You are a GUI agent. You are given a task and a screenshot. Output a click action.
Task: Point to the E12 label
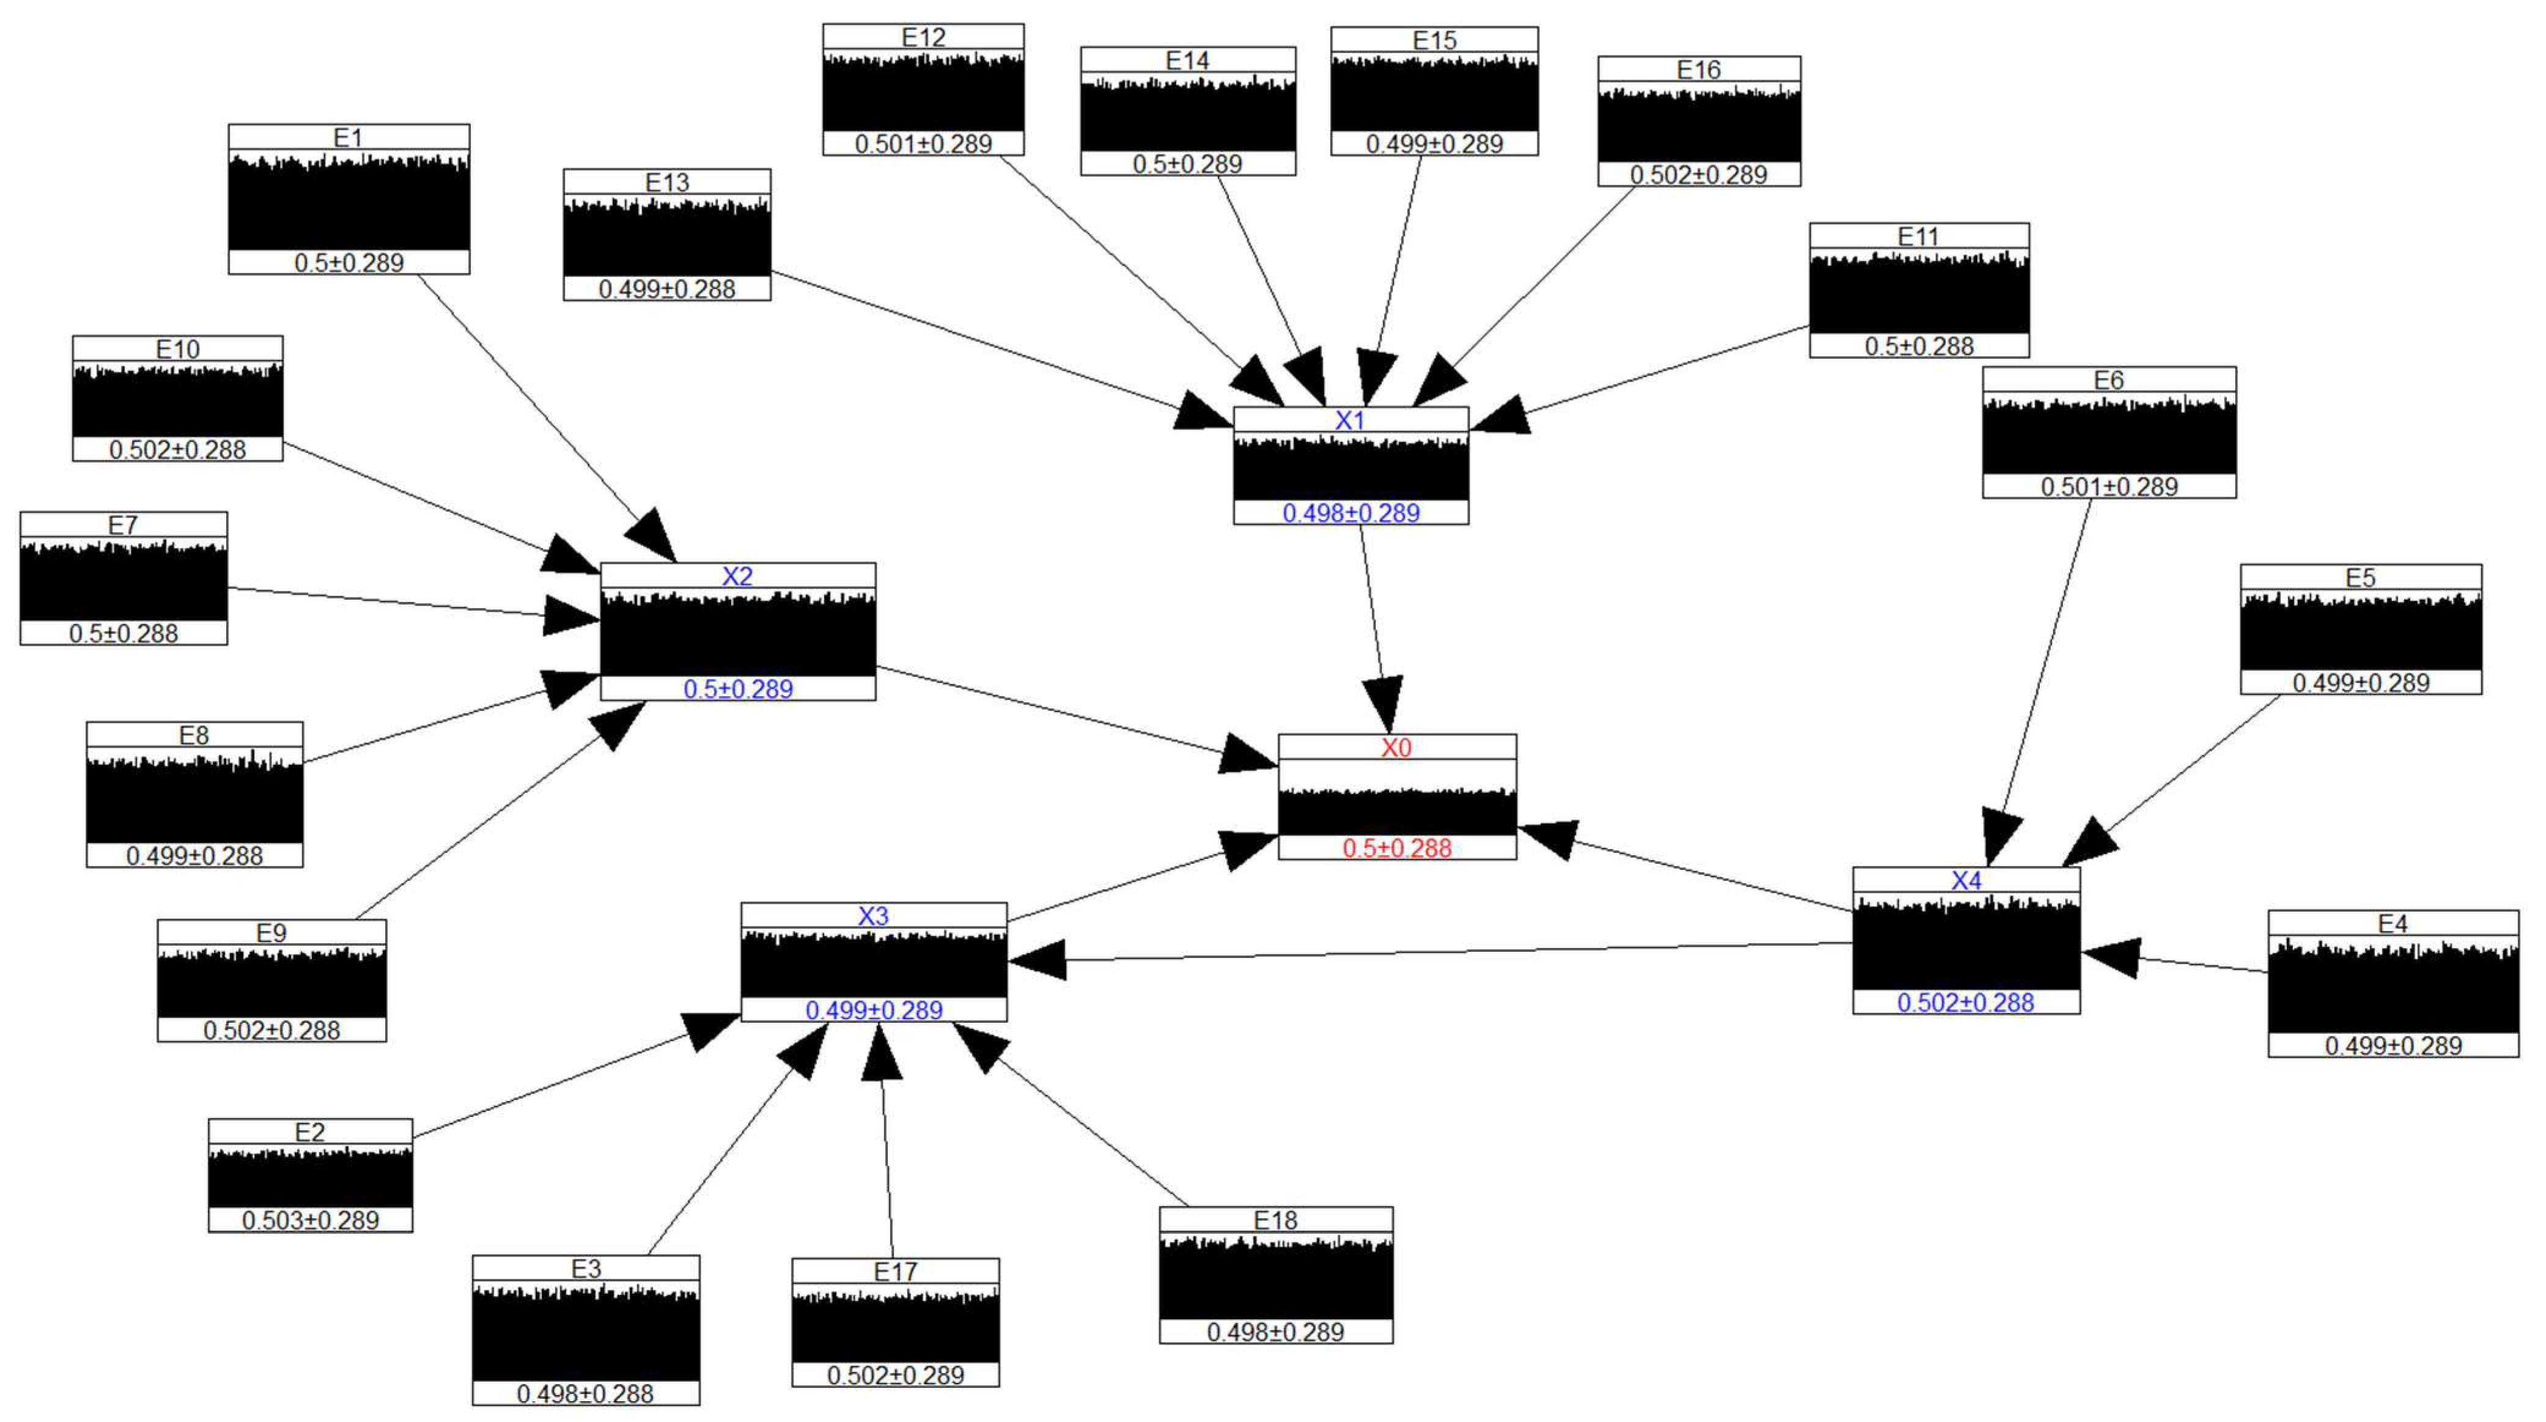pos(923,37)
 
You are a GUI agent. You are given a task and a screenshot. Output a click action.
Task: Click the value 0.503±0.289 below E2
pos(311,1220)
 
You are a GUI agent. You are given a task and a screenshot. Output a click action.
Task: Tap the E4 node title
pos(2392,923)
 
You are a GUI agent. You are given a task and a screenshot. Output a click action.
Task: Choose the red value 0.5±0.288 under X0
pos(1397,848)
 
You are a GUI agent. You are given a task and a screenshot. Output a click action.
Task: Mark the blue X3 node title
pos(873,916)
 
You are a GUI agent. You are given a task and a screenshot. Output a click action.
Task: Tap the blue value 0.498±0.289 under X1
pos(1350,513)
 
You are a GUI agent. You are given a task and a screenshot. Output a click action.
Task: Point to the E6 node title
pos(2108,380)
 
